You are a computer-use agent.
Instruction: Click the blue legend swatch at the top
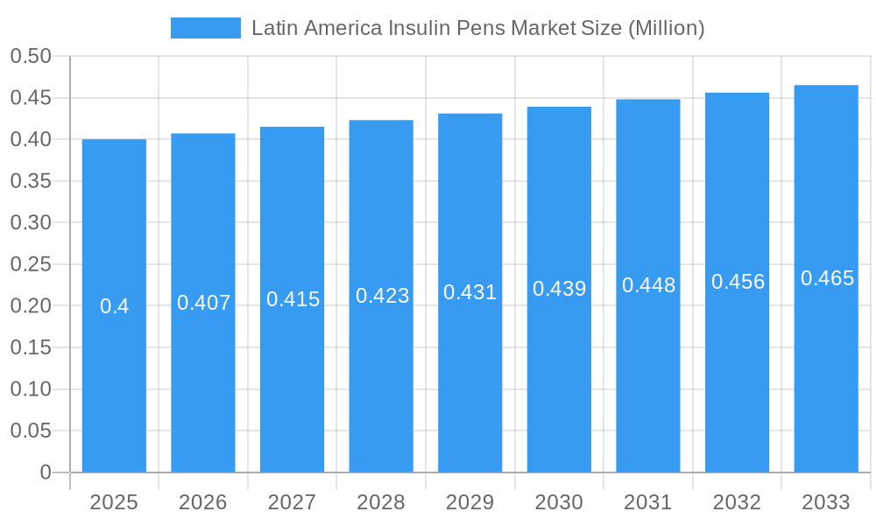(x=205, y=28)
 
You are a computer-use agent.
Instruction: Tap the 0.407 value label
(x=203, y=303)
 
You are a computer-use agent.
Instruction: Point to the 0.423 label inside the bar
(x=382, y=296)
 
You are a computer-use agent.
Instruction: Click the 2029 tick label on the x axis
(x=470, y=502)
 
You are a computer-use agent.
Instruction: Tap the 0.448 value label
(x=648, y=285)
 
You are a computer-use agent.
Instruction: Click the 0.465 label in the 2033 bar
(x=827, y=278)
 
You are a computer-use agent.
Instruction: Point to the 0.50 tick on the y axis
(x=31, y=56)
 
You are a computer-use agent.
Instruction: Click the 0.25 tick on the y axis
(x=31, y=264)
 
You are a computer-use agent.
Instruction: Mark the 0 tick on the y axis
(x=46, y=472)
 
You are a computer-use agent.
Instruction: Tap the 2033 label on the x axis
(x=826, y=502)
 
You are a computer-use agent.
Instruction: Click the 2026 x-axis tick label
(x=202, y=502)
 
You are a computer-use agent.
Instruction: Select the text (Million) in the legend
(x=667, y=28)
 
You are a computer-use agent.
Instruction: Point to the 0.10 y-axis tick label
(x=31, y=389)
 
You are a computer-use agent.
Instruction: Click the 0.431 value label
(x=470, y=292)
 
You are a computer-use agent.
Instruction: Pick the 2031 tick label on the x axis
(x=647, y=502)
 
